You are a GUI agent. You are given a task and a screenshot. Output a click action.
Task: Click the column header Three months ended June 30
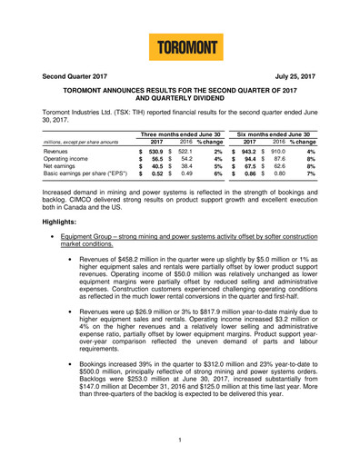tap(187, 134)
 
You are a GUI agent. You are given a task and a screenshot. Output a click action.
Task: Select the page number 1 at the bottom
tap(180, 440)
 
